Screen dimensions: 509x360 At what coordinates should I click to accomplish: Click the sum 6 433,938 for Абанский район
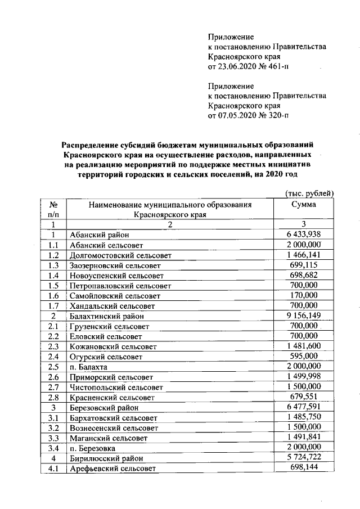tap(303, 235)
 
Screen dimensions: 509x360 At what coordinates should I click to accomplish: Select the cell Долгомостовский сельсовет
tap(120, 255)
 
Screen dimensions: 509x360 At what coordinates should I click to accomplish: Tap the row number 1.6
tap(53, 296)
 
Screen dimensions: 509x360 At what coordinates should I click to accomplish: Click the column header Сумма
tap(303, 205)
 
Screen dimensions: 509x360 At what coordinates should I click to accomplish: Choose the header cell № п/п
tap(54, 209)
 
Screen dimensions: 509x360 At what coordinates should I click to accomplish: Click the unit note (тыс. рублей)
tap(310, 193)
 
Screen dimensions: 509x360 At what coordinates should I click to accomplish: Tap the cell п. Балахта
tap(88, 367)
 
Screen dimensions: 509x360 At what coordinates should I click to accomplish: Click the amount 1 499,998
tap(303, 376)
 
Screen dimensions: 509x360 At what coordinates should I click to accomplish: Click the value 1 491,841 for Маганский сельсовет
tap(303, 437)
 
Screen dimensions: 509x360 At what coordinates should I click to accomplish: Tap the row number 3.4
tap(53, 448)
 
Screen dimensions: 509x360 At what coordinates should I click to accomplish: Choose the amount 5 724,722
tap(303, 457)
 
